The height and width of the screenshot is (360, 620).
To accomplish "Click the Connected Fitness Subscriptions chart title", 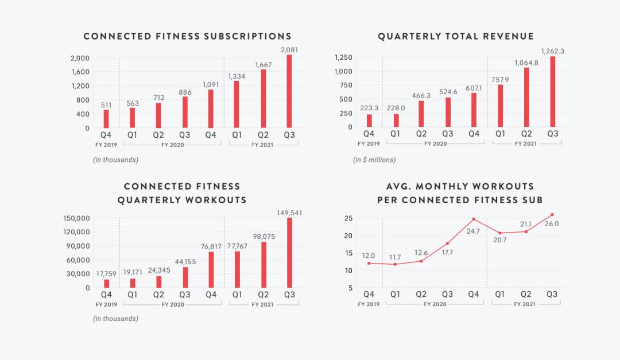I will pyautogui.click(x=187, y=36).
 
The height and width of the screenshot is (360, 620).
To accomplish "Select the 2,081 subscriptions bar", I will pyautogui.click(x=289, y=91).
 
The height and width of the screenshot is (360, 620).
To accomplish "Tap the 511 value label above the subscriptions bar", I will pyautogui.click(x=106, y=104).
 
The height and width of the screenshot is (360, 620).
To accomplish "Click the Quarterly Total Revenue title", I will pyautogui.click(x=456, y=36).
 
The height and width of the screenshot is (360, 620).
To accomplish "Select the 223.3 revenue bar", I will pyautogui.click(x=369, y=121).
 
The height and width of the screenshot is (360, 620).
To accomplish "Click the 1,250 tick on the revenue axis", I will pyautogui.click(x=343, y=57).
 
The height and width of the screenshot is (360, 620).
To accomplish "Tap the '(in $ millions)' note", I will pyautogui.click(x=374, y=160).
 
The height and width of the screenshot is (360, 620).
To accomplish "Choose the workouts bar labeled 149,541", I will pyautogui.click(x=289, y=253).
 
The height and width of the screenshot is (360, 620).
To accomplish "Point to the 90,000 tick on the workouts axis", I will pyautogui.click(x=77, y=246).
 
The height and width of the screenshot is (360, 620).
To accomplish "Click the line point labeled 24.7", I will pyautogui.click(x=474, y=219).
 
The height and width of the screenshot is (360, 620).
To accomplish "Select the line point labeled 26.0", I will pyautogui.click(x=552, y=215).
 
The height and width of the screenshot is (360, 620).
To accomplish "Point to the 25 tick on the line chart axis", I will pyautogui.click(x=348, y=218).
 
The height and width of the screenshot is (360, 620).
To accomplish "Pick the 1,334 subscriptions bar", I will pyautogui.click(x=237, y=104).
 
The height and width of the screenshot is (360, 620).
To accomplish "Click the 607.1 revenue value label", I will pyautogui.click(x=474, y=88).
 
